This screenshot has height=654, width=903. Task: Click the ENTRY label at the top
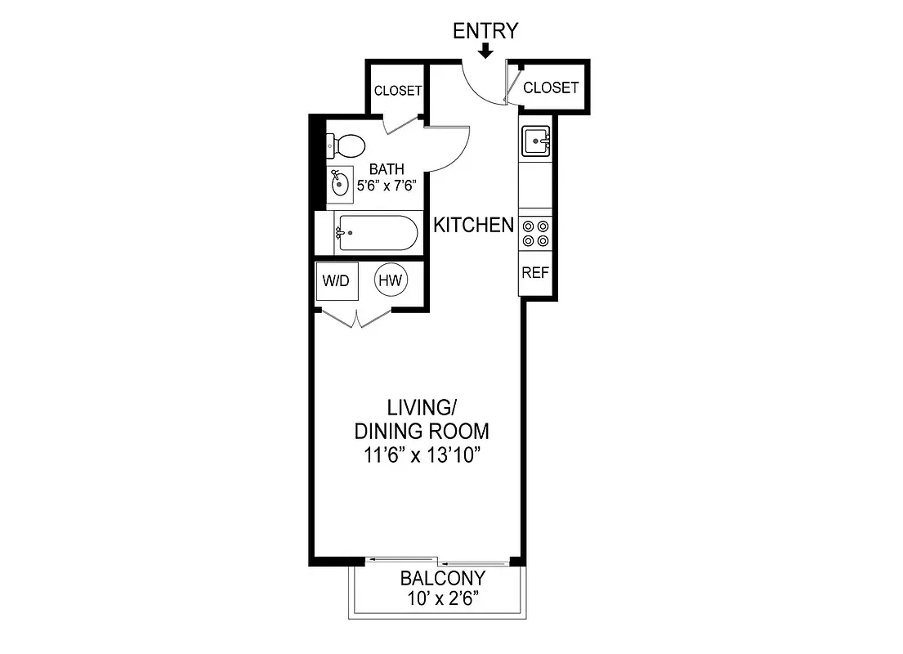click(485, 31)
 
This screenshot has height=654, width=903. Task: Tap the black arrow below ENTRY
click(485, 52)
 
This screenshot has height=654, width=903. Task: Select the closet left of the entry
click(397, 91)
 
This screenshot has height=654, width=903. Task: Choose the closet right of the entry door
click(550, 87)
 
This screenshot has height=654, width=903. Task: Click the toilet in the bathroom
click(345, 147)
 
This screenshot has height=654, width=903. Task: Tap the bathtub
click(377, 233)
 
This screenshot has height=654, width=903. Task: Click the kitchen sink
click(537, 141)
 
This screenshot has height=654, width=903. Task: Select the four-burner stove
click(536, 233)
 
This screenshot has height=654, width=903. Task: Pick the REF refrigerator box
click(535, 273)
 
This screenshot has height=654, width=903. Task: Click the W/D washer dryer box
click(336, 281)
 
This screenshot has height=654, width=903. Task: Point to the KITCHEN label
click(473, 225)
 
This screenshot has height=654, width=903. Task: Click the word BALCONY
click(442, 579)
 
